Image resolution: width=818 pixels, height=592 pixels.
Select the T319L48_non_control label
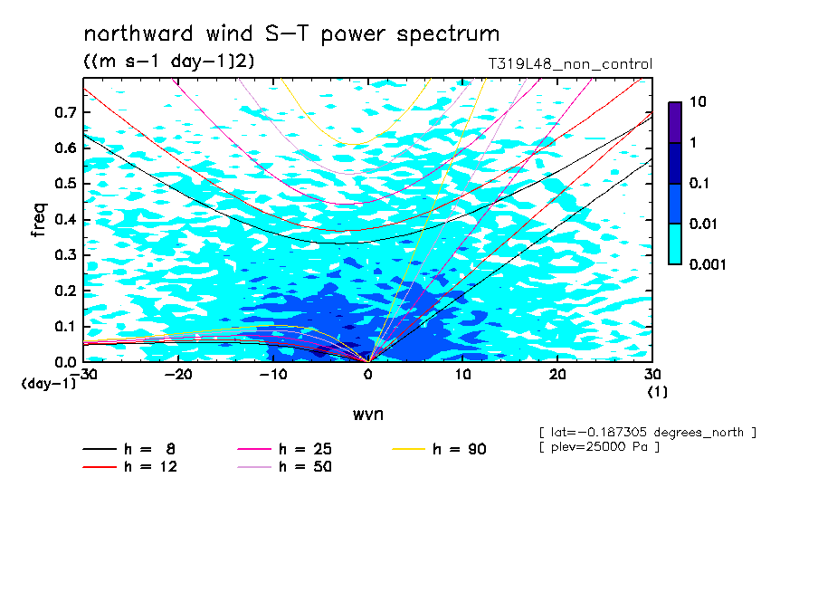click(x=570, y=64)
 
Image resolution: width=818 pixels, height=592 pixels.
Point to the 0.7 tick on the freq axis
click(x=65, y=112)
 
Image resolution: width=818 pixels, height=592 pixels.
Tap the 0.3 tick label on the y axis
click(x=65, y=254)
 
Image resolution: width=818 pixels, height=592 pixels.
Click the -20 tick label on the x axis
click(x=178, y=375)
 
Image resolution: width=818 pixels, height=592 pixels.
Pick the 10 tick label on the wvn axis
click(x=462, y=375)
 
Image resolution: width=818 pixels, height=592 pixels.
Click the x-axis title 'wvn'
click(x=368, y=415)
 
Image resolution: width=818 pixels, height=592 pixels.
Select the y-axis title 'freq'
click(x=39, y=220)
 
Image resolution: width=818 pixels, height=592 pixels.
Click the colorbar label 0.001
click(x=708, y=264)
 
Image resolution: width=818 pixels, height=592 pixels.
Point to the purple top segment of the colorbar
click(x=675, y=123)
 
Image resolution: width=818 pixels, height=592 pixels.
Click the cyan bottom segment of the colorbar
click(x=675, y=244)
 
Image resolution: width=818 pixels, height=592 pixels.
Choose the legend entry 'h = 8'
click(x=128, y=449)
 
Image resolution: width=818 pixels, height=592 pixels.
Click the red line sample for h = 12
click(x=100, y=467)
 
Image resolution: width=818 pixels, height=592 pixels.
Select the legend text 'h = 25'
click(x=305, y=449)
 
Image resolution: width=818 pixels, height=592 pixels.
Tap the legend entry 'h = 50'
click(x=284, y=467)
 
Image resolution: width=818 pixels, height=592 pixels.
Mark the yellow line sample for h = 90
click(x=408, y=449)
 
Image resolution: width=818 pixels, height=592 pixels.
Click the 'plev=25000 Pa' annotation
click(x=599, y=447)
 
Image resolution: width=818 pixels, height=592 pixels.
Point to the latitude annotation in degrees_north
click(x=647, y=433)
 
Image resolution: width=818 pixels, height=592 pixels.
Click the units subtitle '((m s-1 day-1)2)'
click(x=169, y=61)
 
